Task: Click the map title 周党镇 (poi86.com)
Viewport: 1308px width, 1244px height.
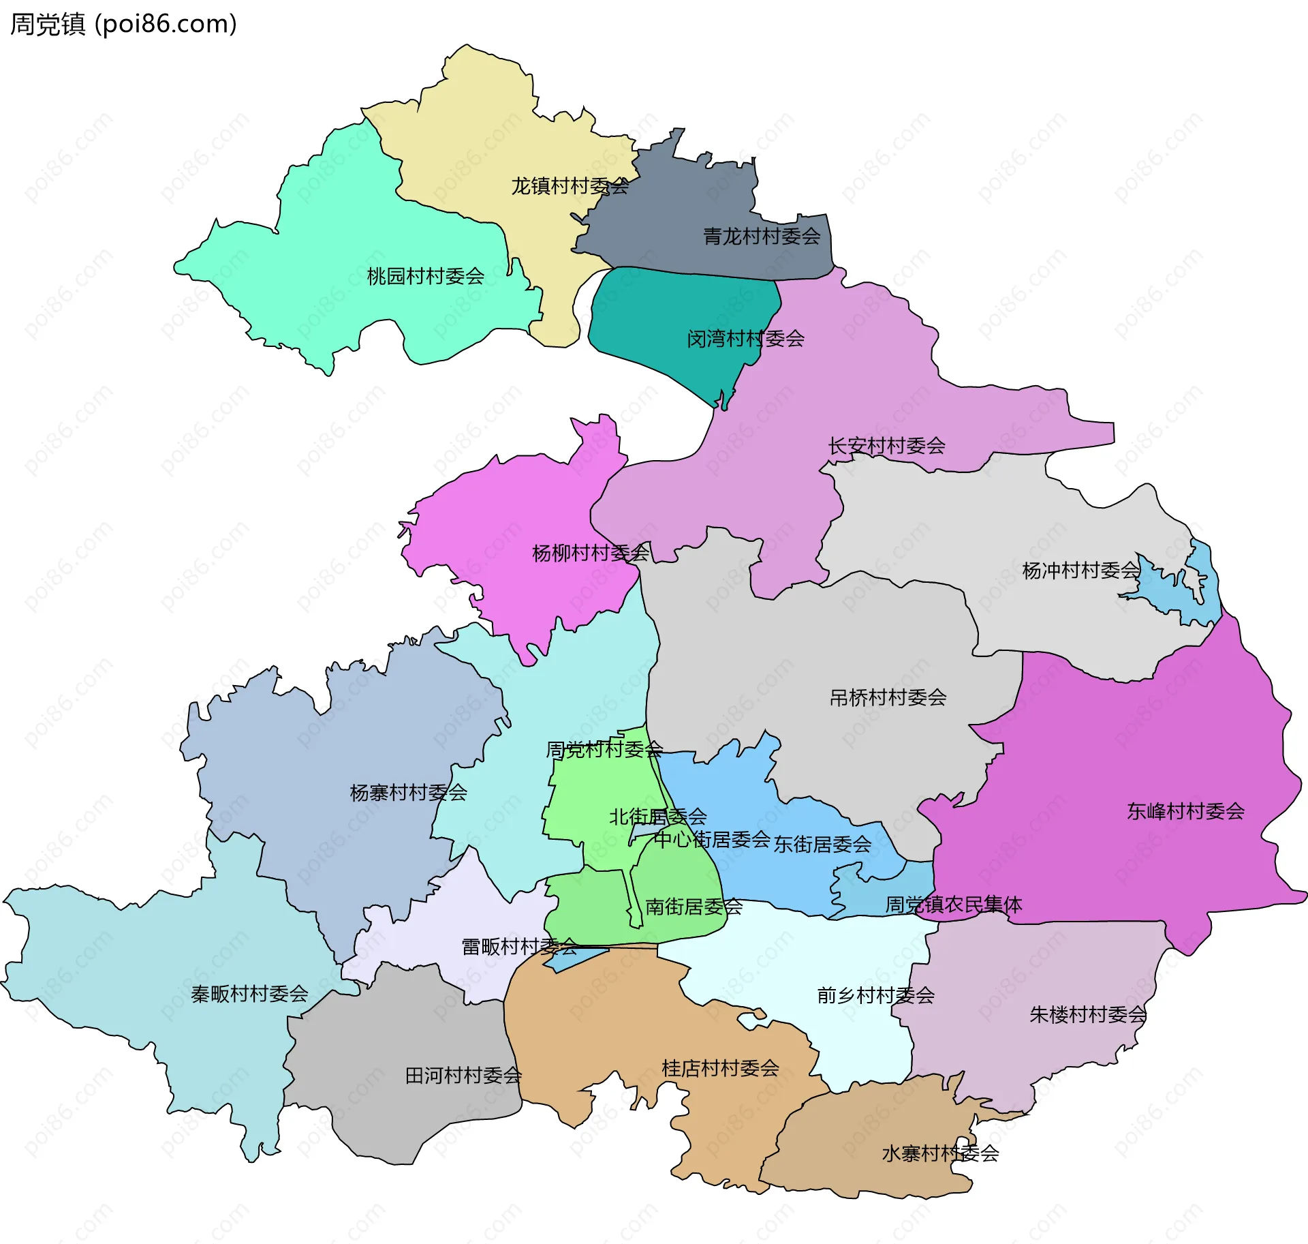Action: (123, 24)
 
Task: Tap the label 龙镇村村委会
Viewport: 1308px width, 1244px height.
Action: (570, 186)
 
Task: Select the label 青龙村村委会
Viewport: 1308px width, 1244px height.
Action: (762, 237)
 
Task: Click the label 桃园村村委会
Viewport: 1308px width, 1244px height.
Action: (426, 276)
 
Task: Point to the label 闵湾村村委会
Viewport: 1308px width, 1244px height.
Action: (745, 339)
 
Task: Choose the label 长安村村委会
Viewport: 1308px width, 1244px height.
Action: (886, 446)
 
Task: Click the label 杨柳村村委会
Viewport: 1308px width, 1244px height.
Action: (591, 553)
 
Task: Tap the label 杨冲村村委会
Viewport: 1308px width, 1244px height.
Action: (1080, 570)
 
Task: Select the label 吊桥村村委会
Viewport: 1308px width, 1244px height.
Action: (888, 697)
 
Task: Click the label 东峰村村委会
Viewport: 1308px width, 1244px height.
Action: (1185, 811)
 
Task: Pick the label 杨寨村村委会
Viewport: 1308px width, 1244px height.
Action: (408, 793)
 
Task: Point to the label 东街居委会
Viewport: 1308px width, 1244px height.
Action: (822, 845)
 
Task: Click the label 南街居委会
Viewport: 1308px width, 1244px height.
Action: (694, 907)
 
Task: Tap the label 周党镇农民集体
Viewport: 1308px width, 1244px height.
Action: (954, 905)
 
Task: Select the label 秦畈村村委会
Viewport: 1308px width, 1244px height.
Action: (249, 994)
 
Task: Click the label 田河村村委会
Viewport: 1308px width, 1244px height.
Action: (463, 1076)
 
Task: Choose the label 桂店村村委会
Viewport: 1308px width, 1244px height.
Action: (720, 1068)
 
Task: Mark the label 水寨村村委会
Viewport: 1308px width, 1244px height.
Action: (940, 1153)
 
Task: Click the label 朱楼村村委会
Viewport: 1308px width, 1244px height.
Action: (1088, 1015)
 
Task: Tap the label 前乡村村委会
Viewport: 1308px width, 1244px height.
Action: (875, 996)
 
